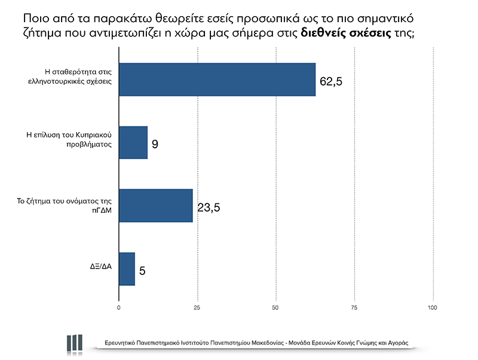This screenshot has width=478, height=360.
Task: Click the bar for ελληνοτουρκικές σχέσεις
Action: (217, 79)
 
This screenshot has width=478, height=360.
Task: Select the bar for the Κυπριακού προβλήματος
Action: (133, 142)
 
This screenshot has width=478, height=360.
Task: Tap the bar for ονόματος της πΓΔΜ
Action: (156, 206)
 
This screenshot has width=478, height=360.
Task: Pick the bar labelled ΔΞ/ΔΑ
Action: (127, 269)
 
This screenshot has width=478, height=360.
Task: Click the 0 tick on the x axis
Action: (119, 308)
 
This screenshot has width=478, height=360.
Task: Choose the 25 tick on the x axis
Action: (197, 308)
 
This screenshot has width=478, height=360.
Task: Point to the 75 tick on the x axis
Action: (354, 308)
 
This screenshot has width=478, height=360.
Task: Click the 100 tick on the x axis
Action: (433, 308)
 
